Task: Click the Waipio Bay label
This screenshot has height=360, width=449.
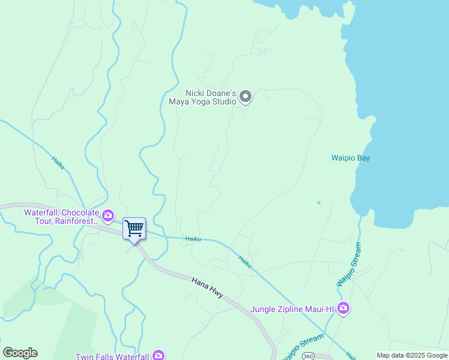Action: tap(351, 158)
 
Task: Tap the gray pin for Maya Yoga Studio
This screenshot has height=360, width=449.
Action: tap(245, 97)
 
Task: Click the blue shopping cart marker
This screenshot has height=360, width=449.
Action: tap(134, 228)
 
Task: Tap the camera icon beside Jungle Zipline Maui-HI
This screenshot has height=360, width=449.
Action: tap(343, 308)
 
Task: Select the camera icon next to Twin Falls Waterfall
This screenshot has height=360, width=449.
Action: tap(158, 355)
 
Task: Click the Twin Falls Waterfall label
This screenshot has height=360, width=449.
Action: tap(112, 356)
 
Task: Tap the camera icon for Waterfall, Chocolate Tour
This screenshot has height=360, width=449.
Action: tap(108, 215)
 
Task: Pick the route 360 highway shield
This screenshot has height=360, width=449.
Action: tap(307, 356)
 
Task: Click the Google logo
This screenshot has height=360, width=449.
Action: tap(20, 353)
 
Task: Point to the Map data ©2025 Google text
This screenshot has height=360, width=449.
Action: tap(412, 355)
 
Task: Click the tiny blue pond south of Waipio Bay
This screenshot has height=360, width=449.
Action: tap(318, 202)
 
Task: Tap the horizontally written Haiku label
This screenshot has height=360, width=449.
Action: tap(193, 239)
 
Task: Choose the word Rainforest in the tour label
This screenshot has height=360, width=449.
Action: tap(76, 221)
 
